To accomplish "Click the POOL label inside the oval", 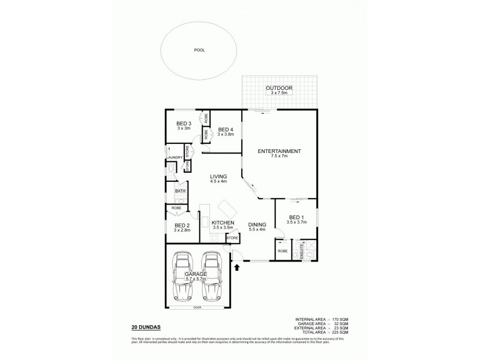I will point(199,50).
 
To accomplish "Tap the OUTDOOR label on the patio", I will point(278,88).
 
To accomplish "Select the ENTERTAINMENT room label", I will point(279,151).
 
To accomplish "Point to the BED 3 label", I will point(184,123).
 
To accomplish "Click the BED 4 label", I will point(226,130).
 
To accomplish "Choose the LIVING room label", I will point(218,176).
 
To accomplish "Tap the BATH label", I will point(179,191).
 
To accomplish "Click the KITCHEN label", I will point(222,223).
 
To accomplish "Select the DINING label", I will point(257,225).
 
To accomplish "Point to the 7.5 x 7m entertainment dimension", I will point(279,156).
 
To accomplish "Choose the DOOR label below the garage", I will point(197,308).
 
